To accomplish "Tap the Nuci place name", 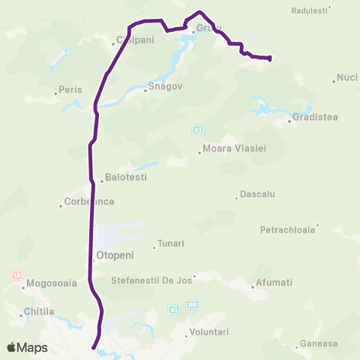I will [347, 76].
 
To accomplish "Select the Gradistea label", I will [316, 117].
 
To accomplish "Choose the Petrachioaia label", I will [289, 229].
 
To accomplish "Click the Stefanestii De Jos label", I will [151, 280].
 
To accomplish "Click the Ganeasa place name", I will [318, 343].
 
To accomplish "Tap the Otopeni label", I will [115, 256].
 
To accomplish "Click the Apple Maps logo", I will [27, 348].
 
